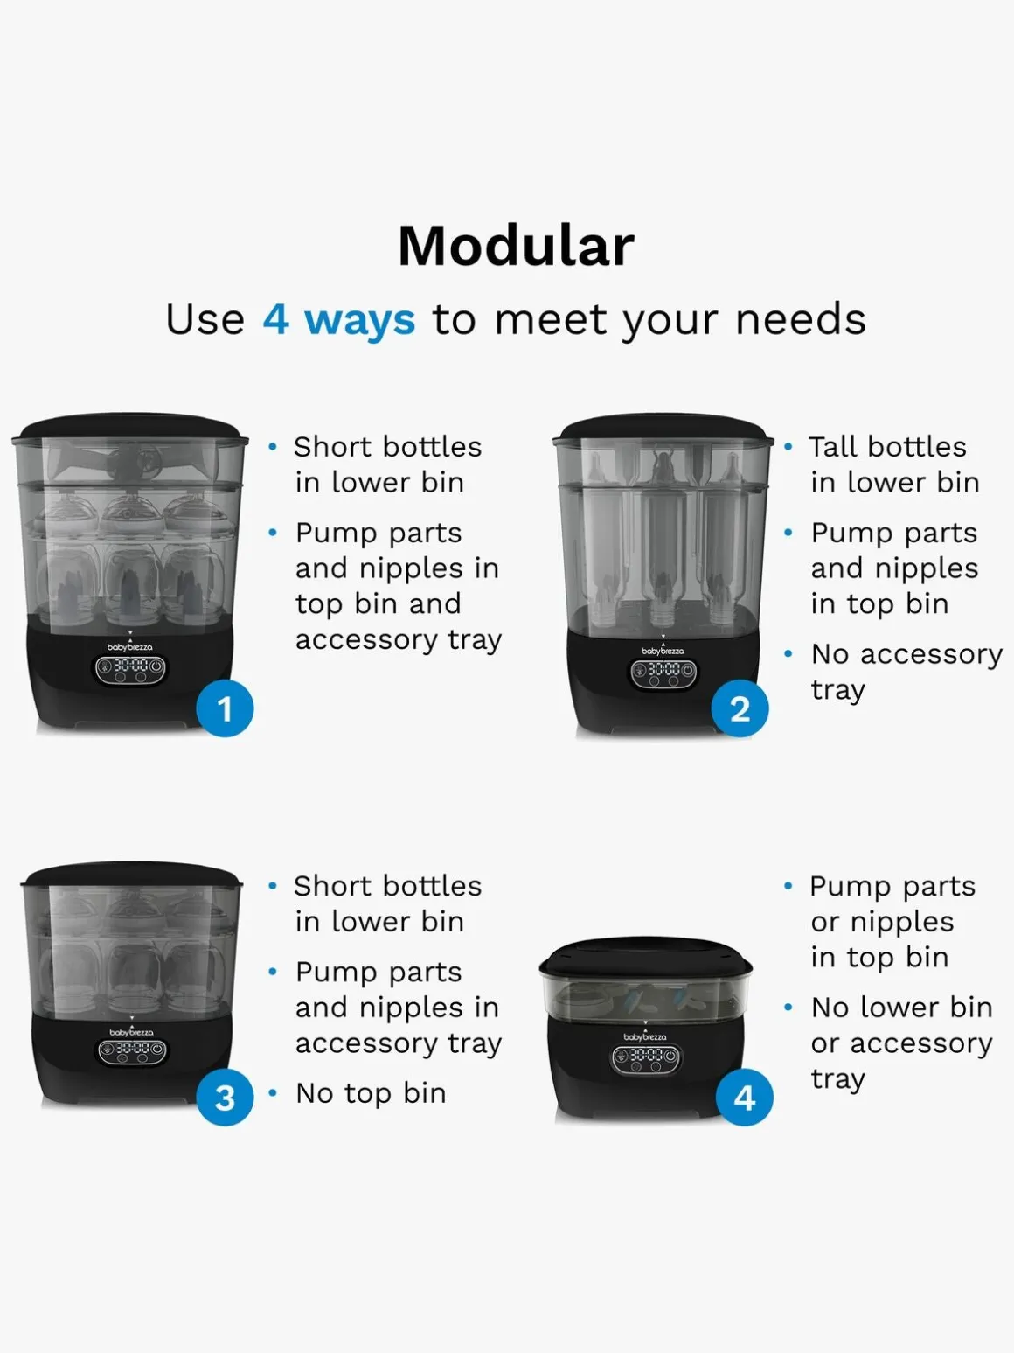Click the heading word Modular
[x=517, y=246]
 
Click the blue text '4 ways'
[x=339, y=320]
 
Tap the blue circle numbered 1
[x=225, y=708]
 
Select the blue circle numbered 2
[x=740, y=708]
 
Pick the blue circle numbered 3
[x=225, y=1098]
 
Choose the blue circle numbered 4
[x=744, y=1098]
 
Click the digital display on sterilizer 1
[x=130, y=669]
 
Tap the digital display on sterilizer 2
[x=663, y=673]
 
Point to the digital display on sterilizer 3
[x=132, y=1050]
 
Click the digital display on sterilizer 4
[x=646, y=1057]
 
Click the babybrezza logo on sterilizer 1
[x=130, y=647]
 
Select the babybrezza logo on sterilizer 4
[x=645, y=1037]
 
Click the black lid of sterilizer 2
[x=663, y=427]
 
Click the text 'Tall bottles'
[x=888, y=447]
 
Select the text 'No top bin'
[x=371, y=1093]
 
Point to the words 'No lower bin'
[x=902, y=1008]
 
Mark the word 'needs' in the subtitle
[x=801, y=320]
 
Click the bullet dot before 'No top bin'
[x=273, y=1093]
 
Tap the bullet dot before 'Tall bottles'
[x=788, y=447]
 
